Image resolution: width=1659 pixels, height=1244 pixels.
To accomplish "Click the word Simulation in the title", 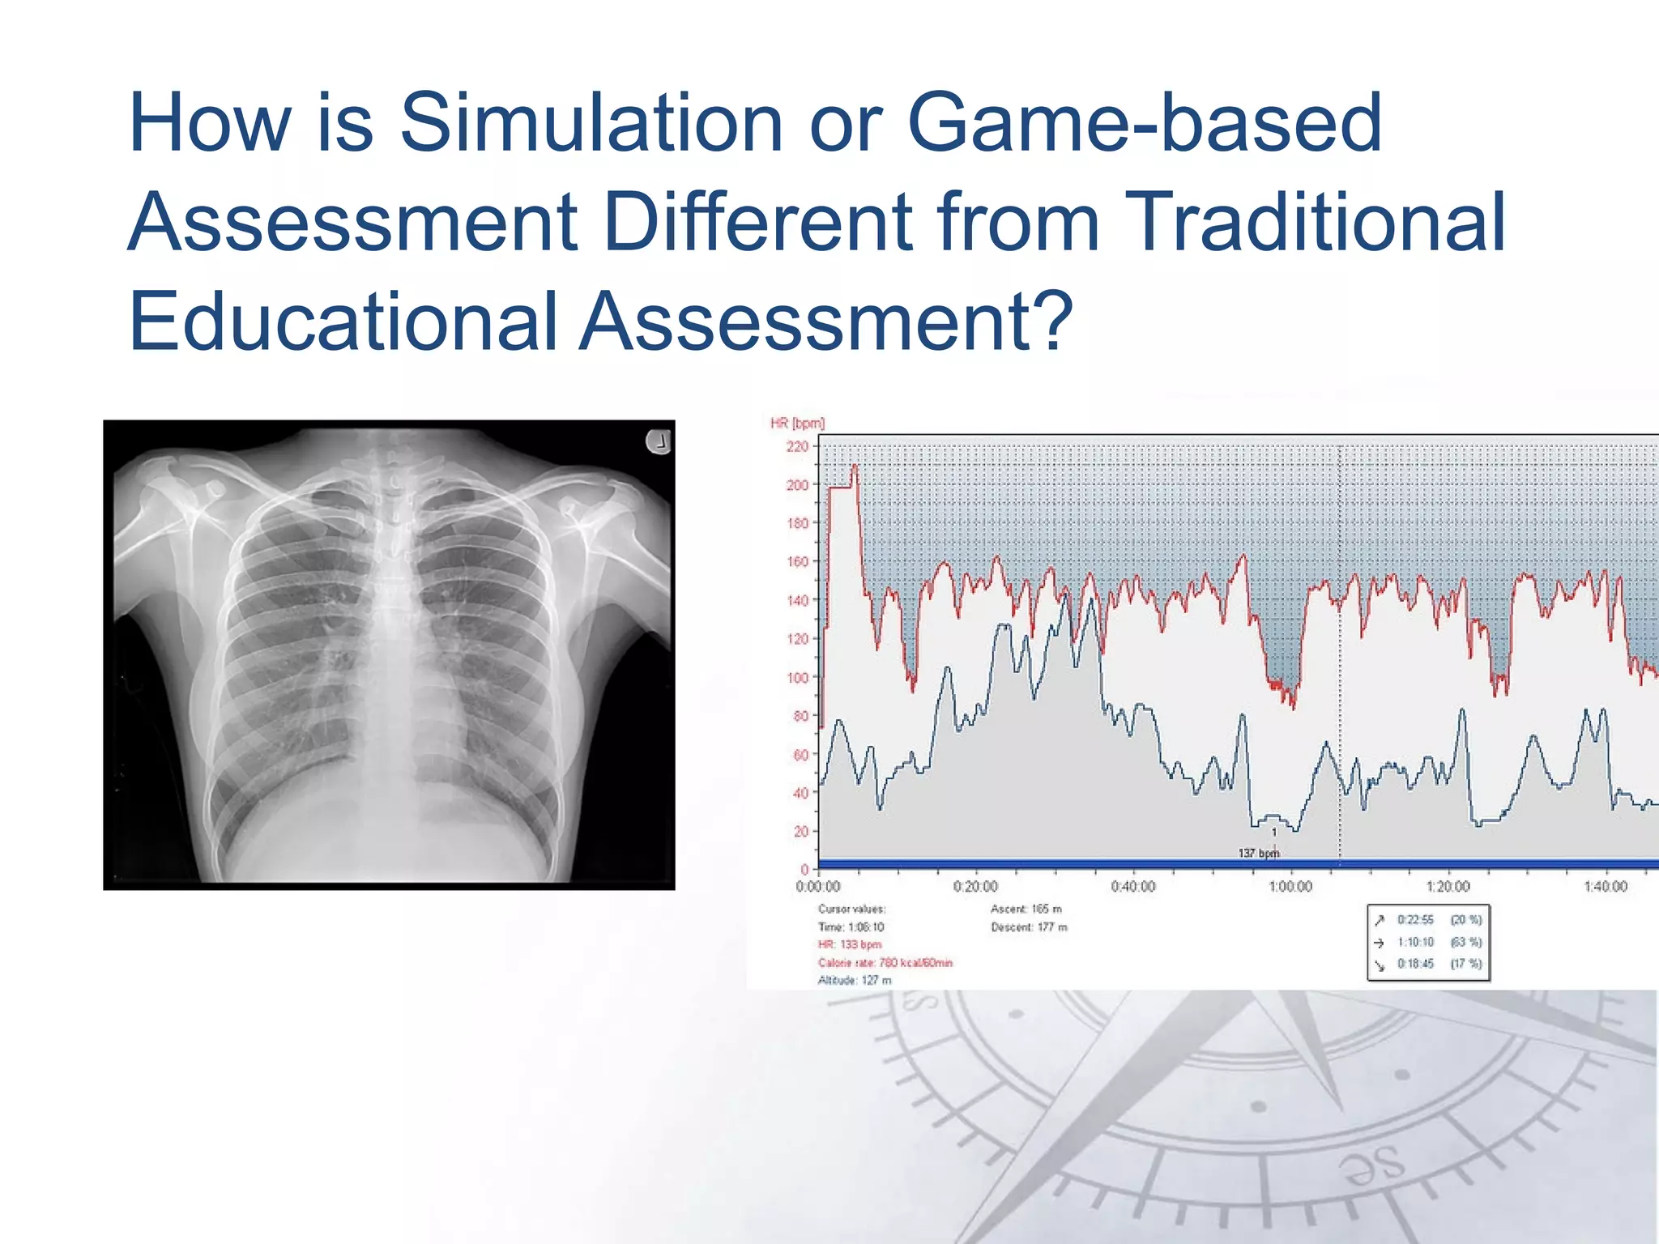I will point(591,123).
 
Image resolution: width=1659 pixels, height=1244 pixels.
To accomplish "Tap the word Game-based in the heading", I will point(1144,123).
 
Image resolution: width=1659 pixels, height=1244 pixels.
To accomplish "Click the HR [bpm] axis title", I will point(797,423).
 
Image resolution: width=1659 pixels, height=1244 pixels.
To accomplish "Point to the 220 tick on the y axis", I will point(798,446).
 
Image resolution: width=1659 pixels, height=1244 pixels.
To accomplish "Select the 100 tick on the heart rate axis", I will point(798,677).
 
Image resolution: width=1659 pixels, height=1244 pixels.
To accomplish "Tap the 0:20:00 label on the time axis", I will point(975,887).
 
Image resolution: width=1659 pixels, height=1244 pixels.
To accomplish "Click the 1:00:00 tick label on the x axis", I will point(1290,887).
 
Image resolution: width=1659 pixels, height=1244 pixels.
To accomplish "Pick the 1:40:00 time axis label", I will point(1605,887).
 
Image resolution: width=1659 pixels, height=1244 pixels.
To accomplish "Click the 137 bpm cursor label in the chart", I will point(1258,853).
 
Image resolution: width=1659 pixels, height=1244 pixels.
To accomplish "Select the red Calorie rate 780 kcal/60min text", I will point(885,963).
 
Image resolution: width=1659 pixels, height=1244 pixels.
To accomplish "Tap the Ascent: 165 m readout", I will point(1026,909).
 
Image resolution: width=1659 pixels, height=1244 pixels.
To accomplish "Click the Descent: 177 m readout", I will point(1029,927).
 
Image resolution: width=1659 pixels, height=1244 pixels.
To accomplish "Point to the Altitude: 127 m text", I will point(855,981).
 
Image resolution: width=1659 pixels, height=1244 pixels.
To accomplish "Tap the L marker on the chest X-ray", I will point(659,442).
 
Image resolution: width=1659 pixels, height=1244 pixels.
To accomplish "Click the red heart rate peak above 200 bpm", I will point(854,467).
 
